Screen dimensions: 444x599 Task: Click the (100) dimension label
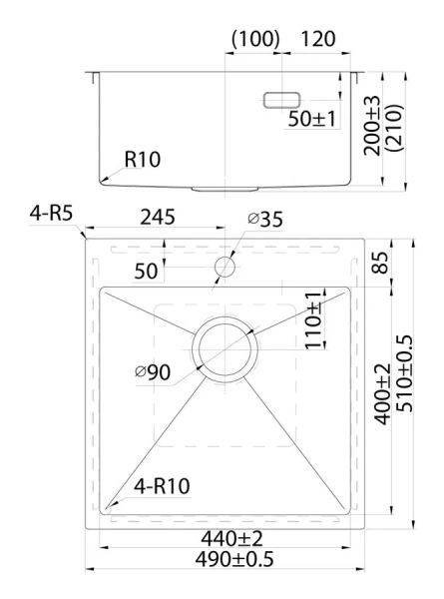(255, 39)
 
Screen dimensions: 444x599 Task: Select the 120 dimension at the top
(318, 39)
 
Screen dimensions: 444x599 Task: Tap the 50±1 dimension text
(312, 119)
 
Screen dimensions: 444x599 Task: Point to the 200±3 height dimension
(372, 126)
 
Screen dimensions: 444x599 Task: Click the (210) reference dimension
(394, 128)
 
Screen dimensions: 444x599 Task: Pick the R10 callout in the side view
(143, 160)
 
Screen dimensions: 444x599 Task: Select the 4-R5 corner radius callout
(51, 214)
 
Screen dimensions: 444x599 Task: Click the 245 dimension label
(158, 218)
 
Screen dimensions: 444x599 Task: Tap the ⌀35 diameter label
(265, 219)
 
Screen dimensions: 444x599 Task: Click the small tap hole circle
(225, 267)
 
